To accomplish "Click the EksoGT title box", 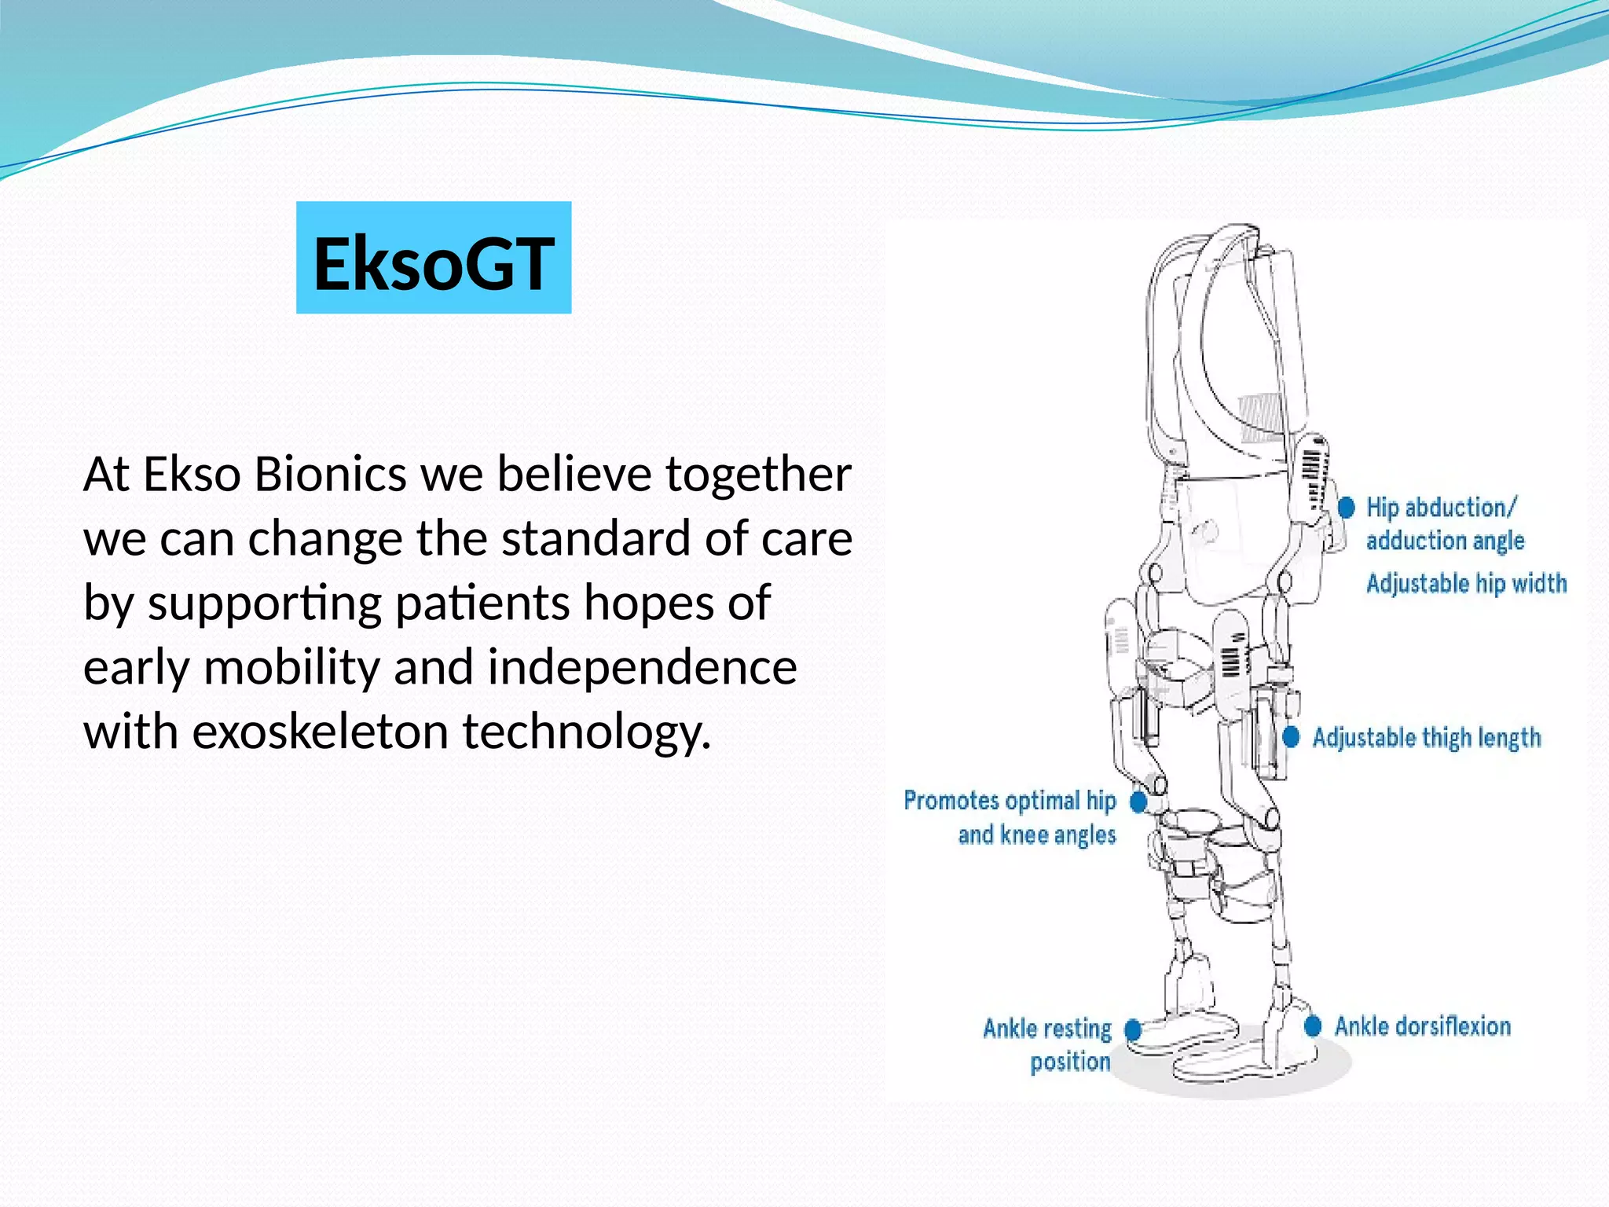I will [x=434, y=258].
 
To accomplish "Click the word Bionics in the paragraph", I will [x=330, y=475].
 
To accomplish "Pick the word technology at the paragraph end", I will [x=586, y=732].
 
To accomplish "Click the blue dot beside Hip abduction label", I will [x=1347, y=507].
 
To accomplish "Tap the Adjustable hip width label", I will [x=1466, y=584].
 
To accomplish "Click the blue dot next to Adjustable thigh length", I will [x=1291, y=737].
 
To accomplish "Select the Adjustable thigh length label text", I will [x=1427, y=737].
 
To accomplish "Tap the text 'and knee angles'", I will [x=1037, y=835].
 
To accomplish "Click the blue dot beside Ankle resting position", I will [x=1132, y=1029].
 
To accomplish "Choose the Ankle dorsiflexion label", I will [x=1423, y=1026].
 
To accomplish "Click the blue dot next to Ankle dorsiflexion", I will [x=1313, y=1026].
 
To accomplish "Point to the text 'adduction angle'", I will [x=1445, y=541].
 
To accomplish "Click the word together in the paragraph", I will [x=758, y=475].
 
